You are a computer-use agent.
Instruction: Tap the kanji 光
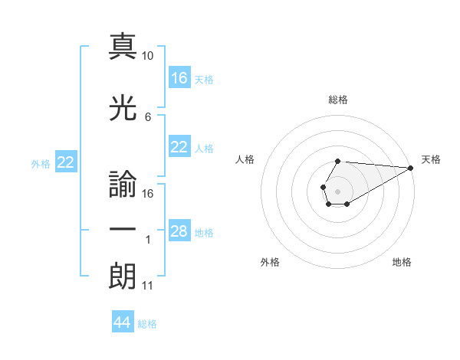pyautogui.click(x=123, y=110)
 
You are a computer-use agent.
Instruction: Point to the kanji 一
pyautogui.click(x=123, y=229)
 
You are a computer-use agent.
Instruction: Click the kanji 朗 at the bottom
pyautogui.click(x=123, y=274)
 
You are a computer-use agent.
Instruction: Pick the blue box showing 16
pyautogui.click(x=179, y=78)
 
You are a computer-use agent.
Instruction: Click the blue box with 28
pyautogui.click(x=179, y=232)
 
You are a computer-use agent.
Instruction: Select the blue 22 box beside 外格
pyautogui.click(x=66, y=162)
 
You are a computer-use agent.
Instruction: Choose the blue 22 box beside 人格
pyautogui.click(x=179, y=148)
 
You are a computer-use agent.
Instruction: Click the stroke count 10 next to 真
pyautogui.click(x=148, y=56)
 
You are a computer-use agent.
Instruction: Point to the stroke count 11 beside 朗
pyautogui.click(x=147, y=286)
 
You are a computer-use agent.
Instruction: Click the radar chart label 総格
pyautogui.click(x=338, y=100)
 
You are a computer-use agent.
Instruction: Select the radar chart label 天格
pyautogui.click(x=431, y=159)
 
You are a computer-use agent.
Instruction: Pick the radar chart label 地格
pyautogui.click(x=402, y=263)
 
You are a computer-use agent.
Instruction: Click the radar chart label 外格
pyautogui.click(x=270, y=263)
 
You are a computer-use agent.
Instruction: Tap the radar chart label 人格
pyautogui.click(x=245, y=159)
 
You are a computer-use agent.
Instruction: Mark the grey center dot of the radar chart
pyautogui.click(x=337, y=190)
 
